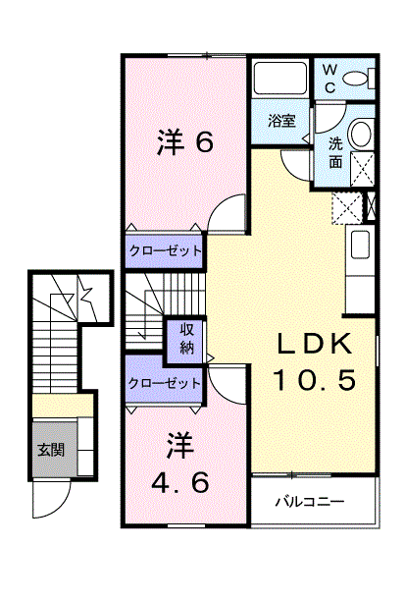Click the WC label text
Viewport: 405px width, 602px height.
(x=329, y=79)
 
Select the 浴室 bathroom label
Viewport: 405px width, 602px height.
(x=281, y=121)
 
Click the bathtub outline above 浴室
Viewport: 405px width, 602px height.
(x=280, y=78)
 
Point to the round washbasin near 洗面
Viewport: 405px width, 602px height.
(x=361, y=133)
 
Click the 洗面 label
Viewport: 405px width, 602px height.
(x=335, y=153)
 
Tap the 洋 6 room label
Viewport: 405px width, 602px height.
(x=185, y=142)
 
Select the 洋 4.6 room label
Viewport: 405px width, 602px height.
(x=180, y=464)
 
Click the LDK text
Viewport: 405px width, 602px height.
(x=315, y=344)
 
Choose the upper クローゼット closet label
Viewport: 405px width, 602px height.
(x=166, y=251)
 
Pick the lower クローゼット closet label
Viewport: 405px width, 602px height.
(x=165, y=383)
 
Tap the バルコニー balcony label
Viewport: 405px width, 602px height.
(x=310, y=501)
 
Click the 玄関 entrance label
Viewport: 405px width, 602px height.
(x=51, y=449)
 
